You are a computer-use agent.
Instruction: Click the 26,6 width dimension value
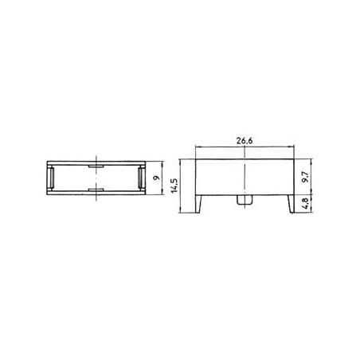tap(245, 141)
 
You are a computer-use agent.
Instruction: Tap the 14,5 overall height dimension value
tap(175, 186)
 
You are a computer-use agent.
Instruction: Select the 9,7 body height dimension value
tap(306, 177)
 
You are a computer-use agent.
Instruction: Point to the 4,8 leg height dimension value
tap(306, 204)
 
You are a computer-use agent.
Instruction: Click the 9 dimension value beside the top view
tap(158, 178)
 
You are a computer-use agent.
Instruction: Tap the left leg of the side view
tap(198, 204)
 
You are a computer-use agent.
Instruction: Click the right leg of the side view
tap(292, 204)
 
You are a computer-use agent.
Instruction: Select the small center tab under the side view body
tap(245, 200)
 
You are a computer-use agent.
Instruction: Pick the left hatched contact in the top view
tap(52, 178)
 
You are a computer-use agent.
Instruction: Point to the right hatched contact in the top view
tap(141, 178)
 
